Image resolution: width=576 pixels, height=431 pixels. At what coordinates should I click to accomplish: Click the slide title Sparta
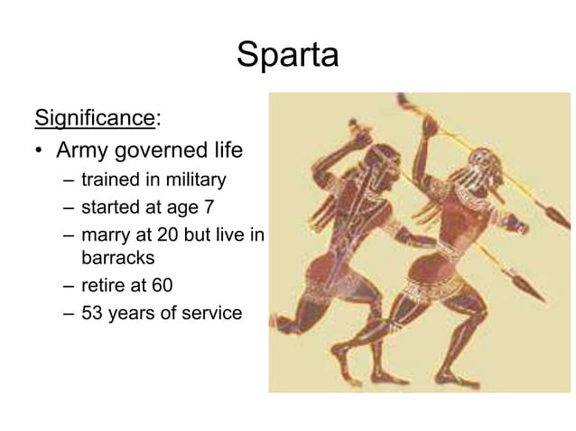pyautogui.click(x=287, y=56)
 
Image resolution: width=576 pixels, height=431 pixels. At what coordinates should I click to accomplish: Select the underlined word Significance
pyautogui.click(x=94, y=117)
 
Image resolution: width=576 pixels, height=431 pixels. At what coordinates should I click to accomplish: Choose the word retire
pyautogui.click(x=102, y=287)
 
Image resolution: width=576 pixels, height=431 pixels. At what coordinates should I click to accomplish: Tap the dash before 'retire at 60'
pyautogui.click(x=69, y=287)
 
